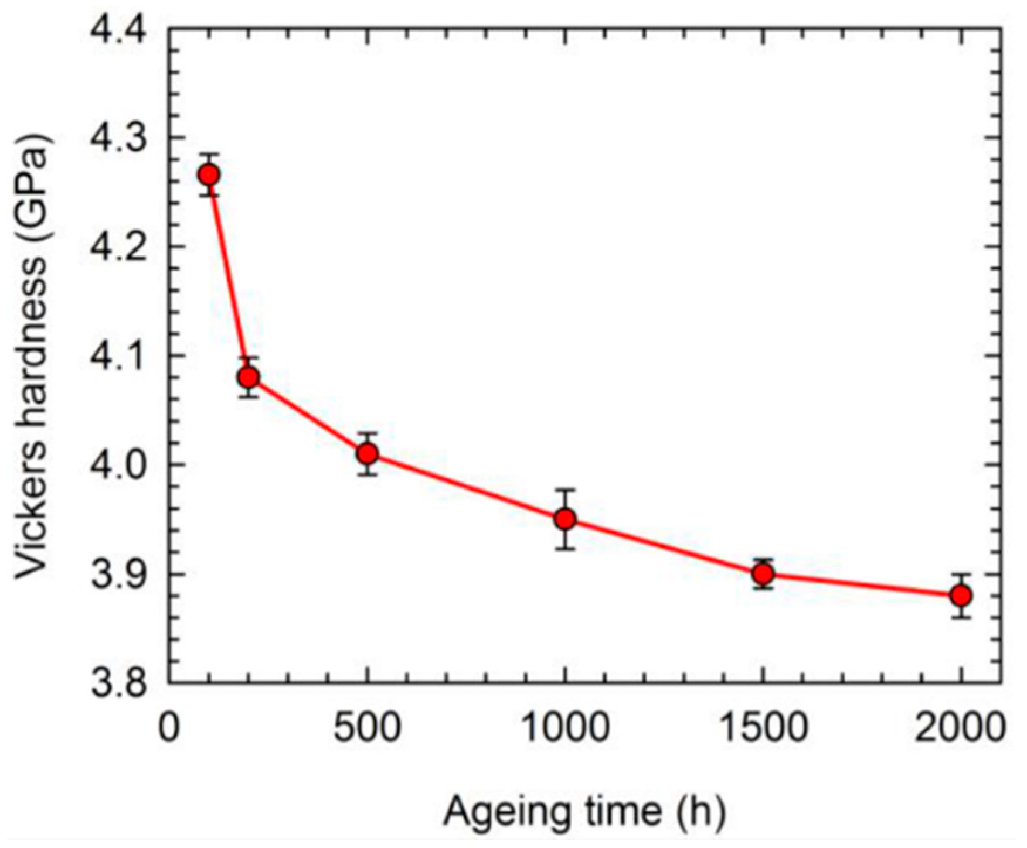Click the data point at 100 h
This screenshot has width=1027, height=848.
(209, 175)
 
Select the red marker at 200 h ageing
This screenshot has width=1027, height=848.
(249, 377)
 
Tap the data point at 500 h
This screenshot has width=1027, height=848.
(368, 453)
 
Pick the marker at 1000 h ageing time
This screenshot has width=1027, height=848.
(565, 519)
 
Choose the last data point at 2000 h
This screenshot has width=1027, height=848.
(961, 596)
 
